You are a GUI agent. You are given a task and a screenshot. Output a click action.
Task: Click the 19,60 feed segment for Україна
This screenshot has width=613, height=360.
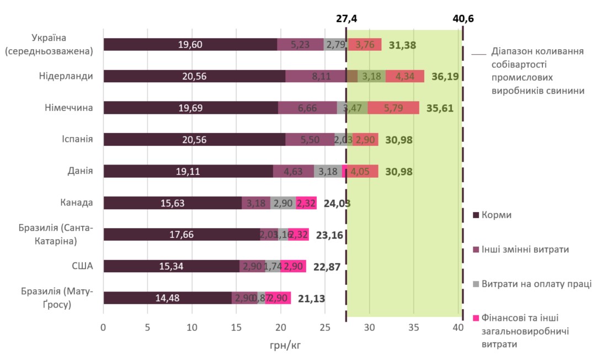point(190,45)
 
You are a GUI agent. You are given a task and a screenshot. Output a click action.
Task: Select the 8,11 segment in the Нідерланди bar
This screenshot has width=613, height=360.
point(316,77)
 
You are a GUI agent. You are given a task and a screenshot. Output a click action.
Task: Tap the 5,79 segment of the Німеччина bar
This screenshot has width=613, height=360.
point(393,108)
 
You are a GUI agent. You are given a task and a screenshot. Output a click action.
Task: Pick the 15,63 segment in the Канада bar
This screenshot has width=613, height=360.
point(172,203)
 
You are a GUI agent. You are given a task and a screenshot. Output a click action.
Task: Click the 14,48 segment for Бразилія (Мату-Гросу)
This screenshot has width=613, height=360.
point(167,298)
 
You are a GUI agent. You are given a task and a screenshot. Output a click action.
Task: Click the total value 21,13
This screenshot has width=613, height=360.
point(312,299)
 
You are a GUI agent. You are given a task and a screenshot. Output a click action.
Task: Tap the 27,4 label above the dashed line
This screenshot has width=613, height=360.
point(347,18)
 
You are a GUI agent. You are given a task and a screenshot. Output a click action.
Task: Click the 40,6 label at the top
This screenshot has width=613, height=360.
point(463,18)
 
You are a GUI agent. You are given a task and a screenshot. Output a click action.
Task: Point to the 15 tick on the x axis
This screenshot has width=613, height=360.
point(236,327)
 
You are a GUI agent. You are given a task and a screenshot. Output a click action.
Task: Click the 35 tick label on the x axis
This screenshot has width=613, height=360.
point(414,327)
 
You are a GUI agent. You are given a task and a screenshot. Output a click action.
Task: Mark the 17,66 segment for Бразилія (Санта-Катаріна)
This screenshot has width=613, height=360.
point(182,235)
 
